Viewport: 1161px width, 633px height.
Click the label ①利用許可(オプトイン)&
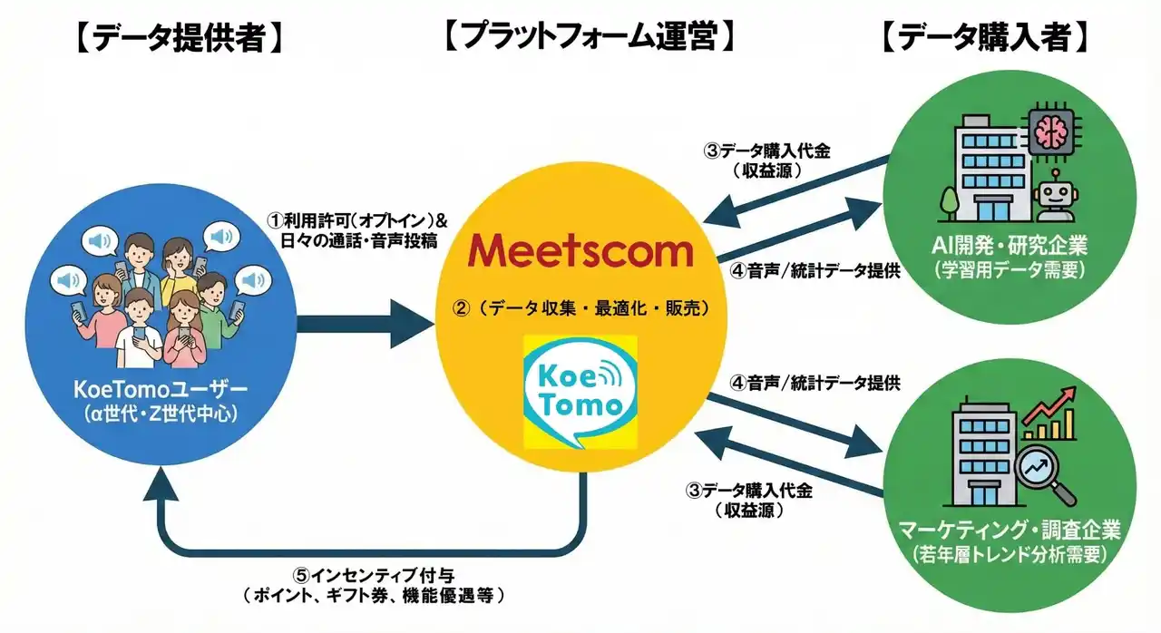[x=357, y=221]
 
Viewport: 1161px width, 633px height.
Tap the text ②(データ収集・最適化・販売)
[x=580, y=308]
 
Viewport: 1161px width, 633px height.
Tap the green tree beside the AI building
[x=950, y=200]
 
